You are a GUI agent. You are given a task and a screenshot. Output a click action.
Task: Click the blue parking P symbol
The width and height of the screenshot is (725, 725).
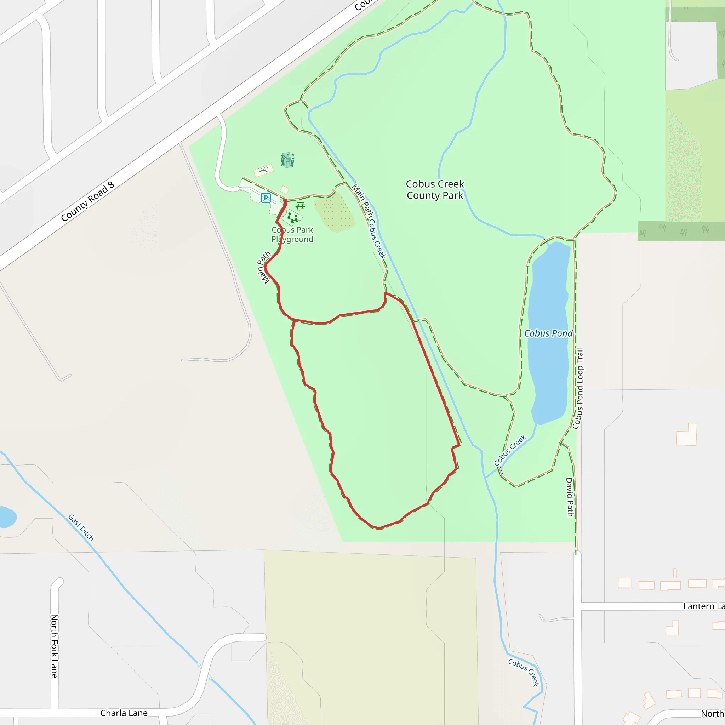click(266, 198)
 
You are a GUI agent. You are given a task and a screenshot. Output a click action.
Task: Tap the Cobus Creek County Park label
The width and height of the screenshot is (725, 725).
click(435, 189)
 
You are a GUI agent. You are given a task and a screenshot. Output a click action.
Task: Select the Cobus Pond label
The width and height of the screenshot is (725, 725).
click(548, 333)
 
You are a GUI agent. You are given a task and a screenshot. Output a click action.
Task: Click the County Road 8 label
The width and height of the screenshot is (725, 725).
click(87, 201)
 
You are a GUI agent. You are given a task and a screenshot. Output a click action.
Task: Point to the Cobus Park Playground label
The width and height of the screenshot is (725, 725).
click(292, 235)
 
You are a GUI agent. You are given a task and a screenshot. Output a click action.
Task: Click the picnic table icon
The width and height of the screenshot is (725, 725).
click(300, 206)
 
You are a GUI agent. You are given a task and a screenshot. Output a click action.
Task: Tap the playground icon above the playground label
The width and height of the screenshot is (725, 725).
click(292, 218)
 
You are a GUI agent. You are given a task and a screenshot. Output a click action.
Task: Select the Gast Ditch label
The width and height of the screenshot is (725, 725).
click(81, 527)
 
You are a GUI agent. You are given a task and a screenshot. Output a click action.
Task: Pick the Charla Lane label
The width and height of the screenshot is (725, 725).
click(124, 713)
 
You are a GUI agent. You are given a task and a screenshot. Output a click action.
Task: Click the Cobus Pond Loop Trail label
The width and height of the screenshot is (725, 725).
click(578, 388)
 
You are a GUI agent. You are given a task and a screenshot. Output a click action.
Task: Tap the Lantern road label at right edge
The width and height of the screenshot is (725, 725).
click(704, 606)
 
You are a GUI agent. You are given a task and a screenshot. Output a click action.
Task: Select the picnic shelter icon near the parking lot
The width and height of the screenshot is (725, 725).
click(263, 171)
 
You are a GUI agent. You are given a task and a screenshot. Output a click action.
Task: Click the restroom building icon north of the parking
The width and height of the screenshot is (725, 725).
click(287, 160)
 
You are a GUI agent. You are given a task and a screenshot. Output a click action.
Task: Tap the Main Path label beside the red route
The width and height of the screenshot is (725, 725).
click(263, 268)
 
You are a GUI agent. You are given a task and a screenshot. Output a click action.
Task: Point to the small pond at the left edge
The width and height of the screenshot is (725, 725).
click(7, 517)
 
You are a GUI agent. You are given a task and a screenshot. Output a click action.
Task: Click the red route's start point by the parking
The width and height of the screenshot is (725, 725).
click(285, 201)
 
